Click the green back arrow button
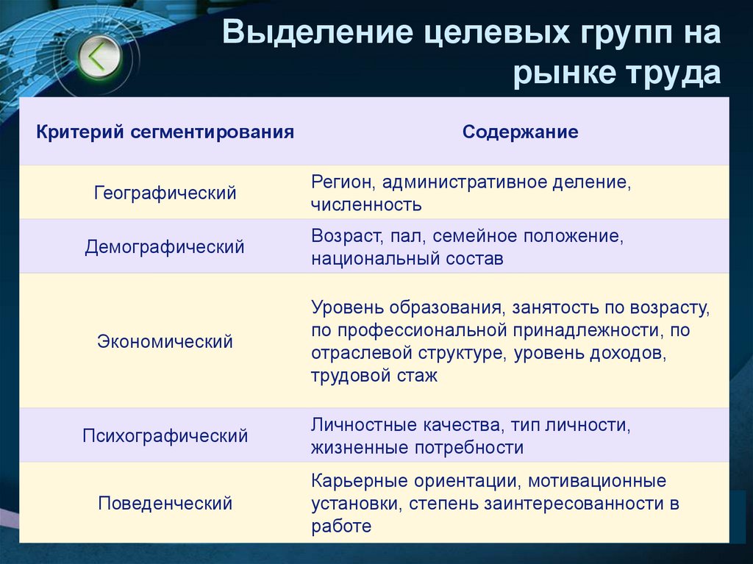pyautogui.click(x=96, y=57)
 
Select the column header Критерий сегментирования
pyautogui.click(x=165, y=132)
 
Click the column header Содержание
pyautogui.click(x=520, y=132)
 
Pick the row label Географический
pyautogui.click(x=165, y=193)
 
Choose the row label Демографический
pyautogui.click(x=165, y=247)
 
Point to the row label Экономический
pyautogui.click(x=165, y=341)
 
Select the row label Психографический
pyautogui.click(x=165, y=436)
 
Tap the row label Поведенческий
pyautogui.click(x=165, y=504)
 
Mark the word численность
pyautogui.click(x=365, y=204)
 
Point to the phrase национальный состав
pyautogui.click(x=407, y=259)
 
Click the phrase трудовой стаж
pyautogui.click(x=374, y=376)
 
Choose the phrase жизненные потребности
pyautogui.click(x=417, y=447)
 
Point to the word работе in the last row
pyautogui.click(x=341, y=526)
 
